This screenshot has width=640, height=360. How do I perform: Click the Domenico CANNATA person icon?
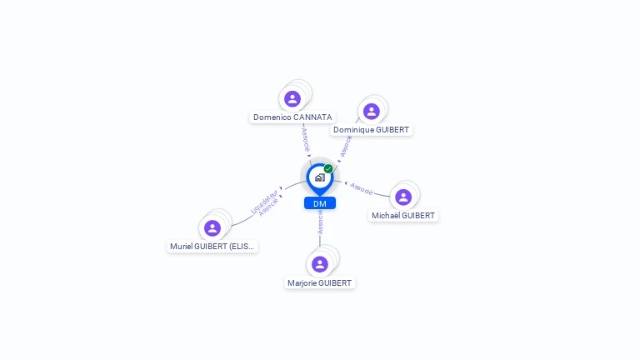point(292,99)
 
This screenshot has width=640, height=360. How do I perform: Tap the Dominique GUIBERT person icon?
point(372,112)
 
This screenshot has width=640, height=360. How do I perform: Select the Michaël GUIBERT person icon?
point(403,197)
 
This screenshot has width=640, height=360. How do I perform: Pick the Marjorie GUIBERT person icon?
point(320,264)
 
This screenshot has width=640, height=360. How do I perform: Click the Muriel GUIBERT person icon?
point(212,228)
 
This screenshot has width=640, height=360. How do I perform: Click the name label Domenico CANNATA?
point(292,117)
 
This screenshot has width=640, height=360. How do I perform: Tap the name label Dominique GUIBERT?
point(372,130)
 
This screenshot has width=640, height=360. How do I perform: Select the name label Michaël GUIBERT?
point(403,216)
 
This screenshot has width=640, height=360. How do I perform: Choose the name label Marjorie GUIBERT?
point(320,283)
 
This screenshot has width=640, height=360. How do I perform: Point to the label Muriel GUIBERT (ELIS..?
point(212,247)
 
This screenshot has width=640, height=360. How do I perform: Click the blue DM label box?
point(320,203)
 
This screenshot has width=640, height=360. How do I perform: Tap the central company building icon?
point(319,177)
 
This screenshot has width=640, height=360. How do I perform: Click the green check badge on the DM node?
point(328,168)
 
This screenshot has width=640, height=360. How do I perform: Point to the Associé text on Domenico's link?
point(305,138)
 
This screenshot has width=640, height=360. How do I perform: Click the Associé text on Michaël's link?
point(362,189)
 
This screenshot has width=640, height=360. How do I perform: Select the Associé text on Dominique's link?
point(346,146)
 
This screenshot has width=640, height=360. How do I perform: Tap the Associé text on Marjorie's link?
point(320,222)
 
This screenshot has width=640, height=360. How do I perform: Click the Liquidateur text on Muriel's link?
point(262,201)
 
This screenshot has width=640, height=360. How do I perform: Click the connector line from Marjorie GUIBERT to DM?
point(320,241)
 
